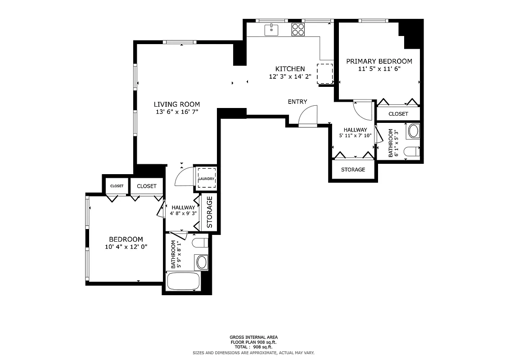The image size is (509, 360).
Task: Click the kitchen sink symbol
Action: [271, 30]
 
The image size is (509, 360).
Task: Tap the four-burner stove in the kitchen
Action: [297, 30]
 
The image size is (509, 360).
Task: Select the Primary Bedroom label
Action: [379, 61]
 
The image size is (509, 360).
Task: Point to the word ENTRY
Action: [297, 102]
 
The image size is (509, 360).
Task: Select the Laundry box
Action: [206, 179]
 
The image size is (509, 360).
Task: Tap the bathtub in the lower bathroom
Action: [183, 282]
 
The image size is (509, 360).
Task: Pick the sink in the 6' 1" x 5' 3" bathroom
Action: [413, 131]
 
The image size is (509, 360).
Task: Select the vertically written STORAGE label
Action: [209, 212]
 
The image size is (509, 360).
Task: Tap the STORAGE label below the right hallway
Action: [353, 170]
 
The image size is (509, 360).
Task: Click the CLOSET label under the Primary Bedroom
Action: [398, 114]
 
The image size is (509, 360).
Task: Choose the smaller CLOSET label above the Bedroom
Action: [117, 186]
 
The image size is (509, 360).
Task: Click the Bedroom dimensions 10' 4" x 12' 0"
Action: [126, 247]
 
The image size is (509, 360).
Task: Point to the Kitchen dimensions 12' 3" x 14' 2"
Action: [290, 76]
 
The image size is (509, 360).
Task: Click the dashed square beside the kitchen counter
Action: [325, 73]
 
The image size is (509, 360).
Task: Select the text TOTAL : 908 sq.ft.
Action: [253, 347]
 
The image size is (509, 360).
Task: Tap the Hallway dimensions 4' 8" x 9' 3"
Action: [183, 213]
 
